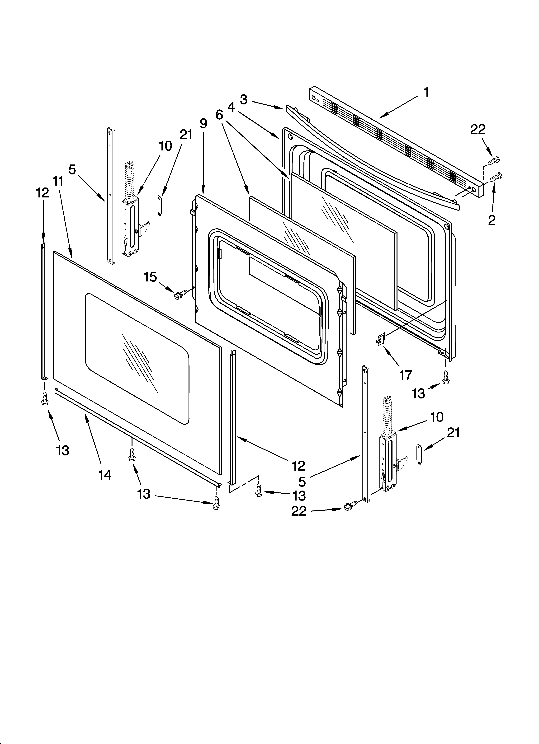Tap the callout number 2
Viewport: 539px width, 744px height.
tap(491, 220)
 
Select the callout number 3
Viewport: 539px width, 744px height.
tap(243, 99)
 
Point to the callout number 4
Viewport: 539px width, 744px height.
tap(231, 107)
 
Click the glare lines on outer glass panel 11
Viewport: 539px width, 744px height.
tap(138, 361)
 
